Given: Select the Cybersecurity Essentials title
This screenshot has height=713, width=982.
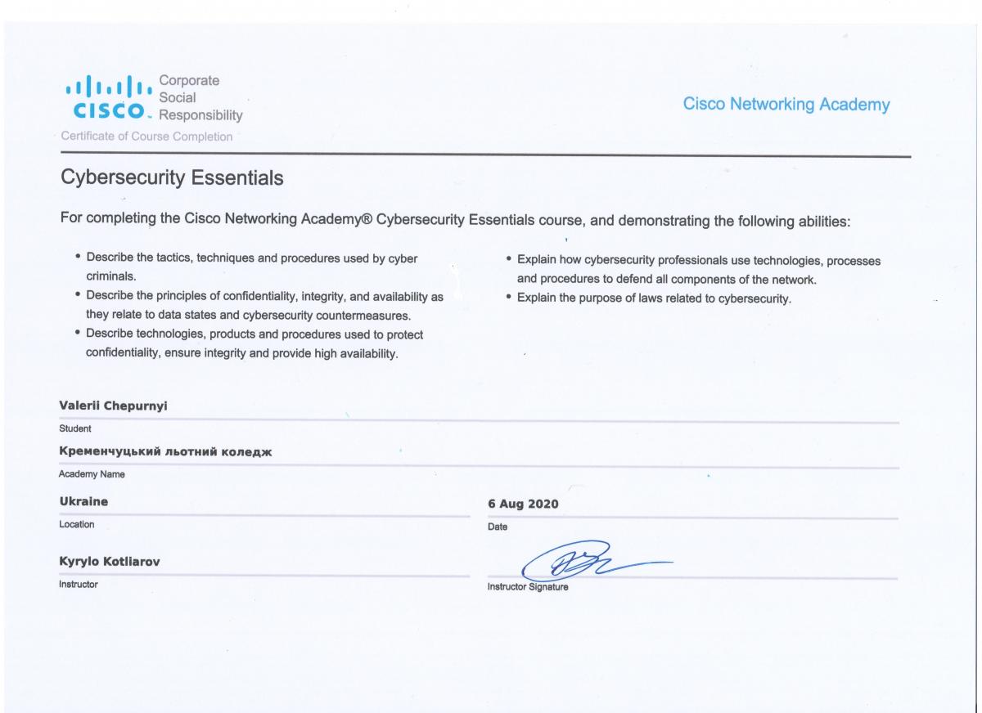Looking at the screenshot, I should click(172, 177).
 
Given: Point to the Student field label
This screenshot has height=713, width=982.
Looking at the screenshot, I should click(75, 428).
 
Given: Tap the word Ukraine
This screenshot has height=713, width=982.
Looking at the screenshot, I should click(83, 500).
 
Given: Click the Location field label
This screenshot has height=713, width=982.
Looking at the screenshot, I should click(77, 524).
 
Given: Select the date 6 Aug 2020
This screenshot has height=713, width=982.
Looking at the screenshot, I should click(523, 504).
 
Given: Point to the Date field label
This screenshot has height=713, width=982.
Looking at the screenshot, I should click(498, 527).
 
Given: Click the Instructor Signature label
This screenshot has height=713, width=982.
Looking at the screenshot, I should click(528, 586).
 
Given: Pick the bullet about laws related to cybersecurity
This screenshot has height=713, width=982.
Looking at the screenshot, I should click(655, 298).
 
